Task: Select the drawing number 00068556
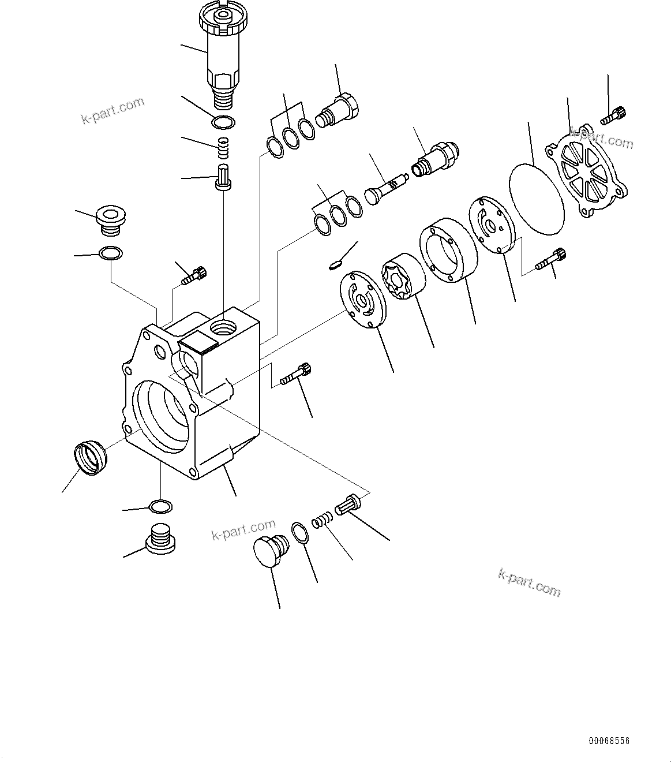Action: pyautogui.click(x=609, y=741)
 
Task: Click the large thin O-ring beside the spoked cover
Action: pyautogui.click(x=537, y=198)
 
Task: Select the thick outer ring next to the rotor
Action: pyautogui.click(x=448, y=249)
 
